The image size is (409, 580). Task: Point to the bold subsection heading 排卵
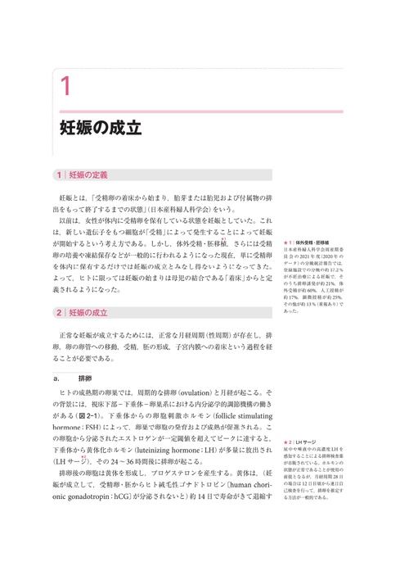click(x=85, y=379)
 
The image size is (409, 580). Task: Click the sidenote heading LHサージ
click(x=308, y=442)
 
